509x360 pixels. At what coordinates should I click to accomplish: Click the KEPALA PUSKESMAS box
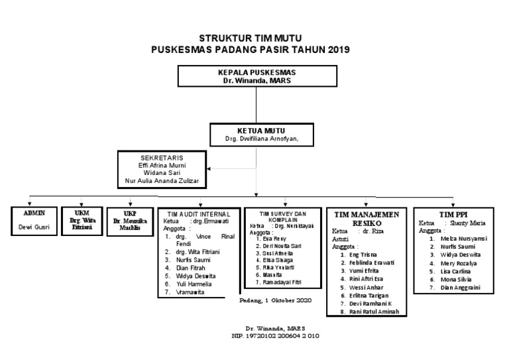coord(256,76)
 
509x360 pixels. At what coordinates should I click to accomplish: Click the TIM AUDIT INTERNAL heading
coord(198,214)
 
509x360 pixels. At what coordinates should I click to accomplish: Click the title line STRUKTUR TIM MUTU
coord(254,38)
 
